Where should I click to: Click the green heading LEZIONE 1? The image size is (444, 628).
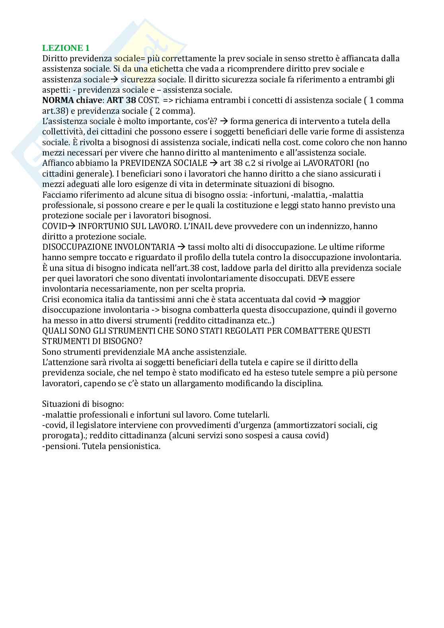66,48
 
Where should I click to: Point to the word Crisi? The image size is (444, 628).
52,299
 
